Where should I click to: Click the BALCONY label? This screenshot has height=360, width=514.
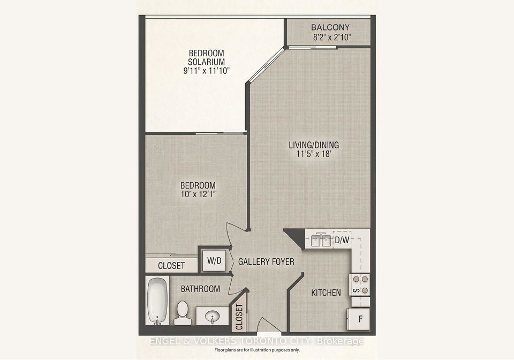[330, 27]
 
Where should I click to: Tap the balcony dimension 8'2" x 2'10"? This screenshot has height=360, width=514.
[331, 37]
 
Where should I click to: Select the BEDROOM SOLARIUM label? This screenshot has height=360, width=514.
[206, 57]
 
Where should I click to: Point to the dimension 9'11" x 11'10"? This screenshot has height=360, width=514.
[206, 71]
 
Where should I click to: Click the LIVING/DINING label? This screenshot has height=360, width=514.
[314, 145]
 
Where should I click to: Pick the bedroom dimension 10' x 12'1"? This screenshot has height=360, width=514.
[198, 194]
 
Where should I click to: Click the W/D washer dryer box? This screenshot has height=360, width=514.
[214, 261]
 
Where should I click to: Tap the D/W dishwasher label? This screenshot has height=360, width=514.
[342, 240]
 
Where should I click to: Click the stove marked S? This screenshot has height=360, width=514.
[360, 284]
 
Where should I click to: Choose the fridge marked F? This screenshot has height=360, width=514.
[359, 319]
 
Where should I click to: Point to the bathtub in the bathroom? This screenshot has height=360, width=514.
[157, 301]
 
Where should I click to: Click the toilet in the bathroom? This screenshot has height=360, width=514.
[182, 312]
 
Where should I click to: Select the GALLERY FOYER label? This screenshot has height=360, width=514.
[266, 261]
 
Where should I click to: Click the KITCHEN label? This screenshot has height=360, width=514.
[326, 292]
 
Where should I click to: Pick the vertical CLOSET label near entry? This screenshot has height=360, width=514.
[239, 317]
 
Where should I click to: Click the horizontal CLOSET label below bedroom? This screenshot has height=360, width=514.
[171, 266]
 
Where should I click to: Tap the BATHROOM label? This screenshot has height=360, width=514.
[200, 289]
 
